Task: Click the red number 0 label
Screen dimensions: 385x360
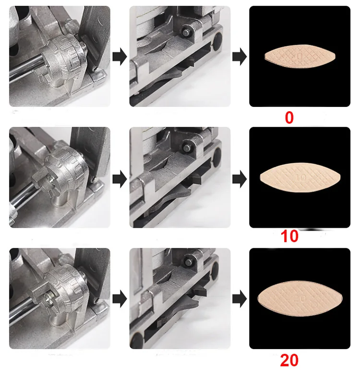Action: pos(289,117)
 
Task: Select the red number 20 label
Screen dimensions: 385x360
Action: pos(289,361)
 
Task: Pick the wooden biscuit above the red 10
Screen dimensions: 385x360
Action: pos(300,176)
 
